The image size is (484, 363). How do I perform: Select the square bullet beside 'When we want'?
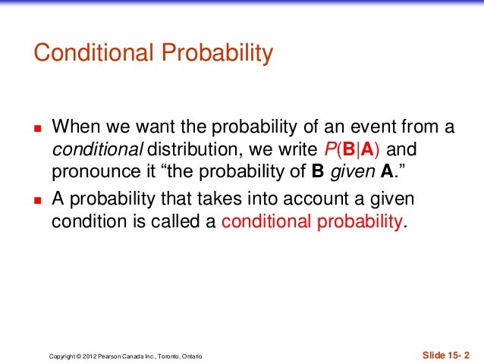tap(36, 126)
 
